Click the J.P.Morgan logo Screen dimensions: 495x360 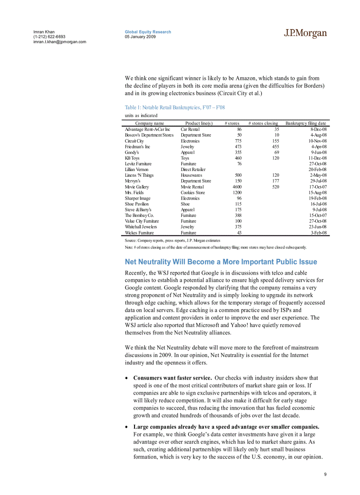point(305,33)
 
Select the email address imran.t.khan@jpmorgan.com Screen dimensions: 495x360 point(60,42)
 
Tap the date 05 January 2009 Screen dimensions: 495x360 point(140,37)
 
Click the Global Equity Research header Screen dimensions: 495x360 point(148,32)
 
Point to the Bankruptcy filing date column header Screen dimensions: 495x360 point(306,123)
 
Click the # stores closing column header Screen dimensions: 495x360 point(263,123)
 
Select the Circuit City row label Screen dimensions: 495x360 point(134,141)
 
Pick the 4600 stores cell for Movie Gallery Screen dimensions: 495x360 point(236,186)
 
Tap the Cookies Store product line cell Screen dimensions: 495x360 point(193,192)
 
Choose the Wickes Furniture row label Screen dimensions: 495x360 point(139,232)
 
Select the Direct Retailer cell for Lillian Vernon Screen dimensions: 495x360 point(193,169)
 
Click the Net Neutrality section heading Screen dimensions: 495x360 point(221,262)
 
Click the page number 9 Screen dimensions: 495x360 point(325,474)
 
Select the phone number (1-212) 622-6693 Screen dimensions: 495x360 point(49,37)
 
